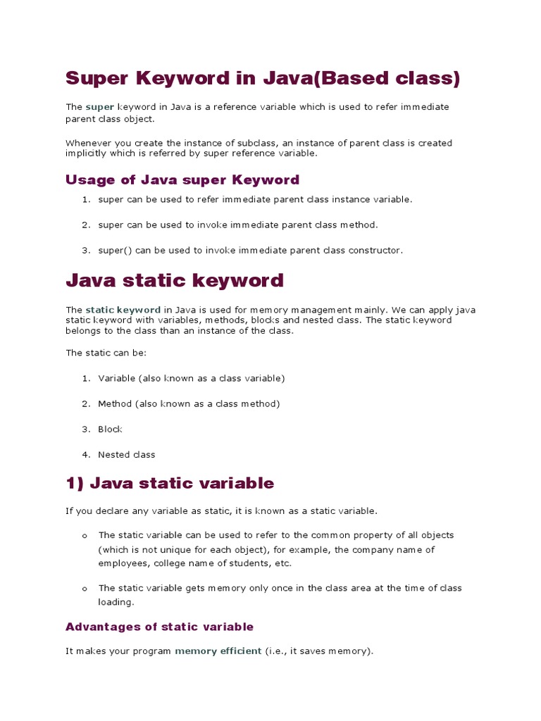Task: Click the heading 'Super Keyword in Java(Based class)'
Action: pos(262,78)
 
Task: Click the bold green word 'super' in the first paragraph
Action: pos(99,107)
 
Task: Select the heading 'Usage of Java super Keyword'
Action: pos(182,180)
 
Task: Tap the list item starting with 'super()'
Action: pos(250,250)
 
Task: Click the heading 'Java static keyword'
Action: pos(175,280)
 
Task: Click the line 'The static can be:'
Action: pos(106,353)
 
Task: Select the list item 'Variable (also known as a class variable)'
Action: pos(191,378)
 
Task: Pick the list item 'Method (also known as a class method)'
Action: pos(189,403)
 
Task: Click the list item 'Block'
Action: pos(110,429)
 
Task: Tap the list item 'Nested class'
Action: pos(126,454)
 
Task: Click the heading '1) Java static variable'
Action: pos(170,483)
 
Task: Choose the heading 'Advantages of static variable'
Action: pos(159,627)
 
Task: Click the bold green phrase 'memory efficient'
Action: pos(218,651)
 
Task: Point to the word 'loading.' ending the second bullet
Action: pos(116,602)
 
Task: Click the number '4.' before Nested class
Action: pos(86,454)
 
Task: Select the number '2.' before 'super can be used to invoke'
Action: pos(86,225)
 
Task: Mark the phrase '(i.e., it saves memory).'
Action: pos(318,651)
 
